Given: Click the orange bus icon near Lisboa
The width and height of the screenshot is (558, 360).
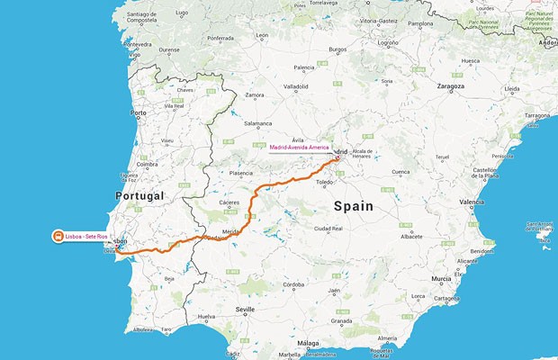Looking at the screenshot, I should pos(58,237).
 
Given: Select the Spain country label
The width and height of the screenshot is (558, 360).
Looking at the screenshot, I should pos(353,206).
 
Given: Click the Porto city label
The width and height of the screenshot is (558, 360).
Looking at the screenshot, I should pos(138,112).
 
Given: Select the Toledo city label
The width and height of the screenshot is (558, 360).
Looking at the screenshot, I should pos(336,183).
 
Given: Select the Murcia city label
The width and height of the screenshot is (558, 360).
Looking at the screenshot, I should pos(440,279).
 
